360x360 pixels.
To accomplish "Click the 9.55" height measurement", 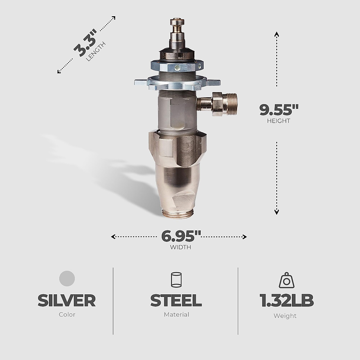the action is pyautogui.click(x=279, y=110).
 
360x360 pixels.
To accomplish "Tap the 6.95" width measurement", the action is pyautogui.click(x=181, y=236).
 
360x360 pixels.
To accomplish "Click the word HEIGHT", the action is pyautogui.click(x=278, y=121).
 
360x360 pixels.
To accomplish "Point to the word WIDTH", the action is pyautogui.click(x=181, y=247).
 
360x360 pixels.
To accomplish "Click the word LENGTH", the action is pyautogui.click(x=96, y=52).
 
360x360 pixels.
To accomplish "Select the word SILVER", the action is pyautogui.click(x=67, y=301).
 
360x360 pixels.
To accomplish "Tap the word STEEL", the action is pyautogui.click(x=176, y=301).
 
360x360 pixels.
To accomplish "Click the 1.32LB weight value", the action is pyautogui.click(x=286, y=301).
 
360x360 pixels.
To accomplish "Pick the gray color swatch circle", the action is pyautogui.click(x=67, y=278).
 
